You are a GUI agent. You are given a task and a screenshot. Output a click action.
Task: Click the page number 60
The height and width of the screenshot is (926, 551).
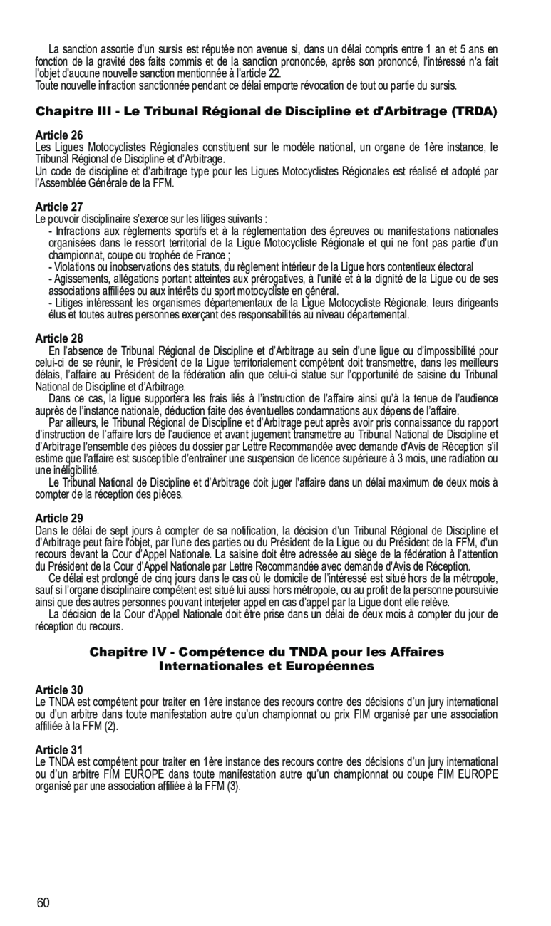coord(43,903)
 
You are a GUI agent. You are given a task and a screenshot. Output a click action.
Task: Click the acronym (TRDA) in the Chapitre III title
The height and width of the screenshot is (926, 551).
coord(470,112)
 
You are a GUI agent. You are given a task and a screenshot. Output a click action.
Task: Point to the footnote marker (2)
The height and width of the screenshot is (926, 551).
coord(113,727)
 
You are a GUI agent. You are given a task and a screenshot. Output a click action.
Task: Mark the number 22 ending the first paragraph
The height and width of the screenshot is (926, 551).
coord(274,73)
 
